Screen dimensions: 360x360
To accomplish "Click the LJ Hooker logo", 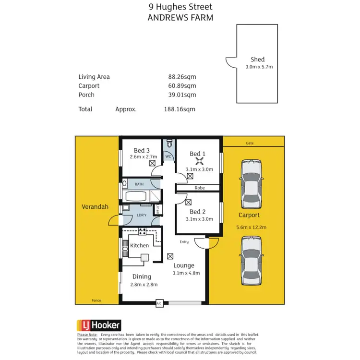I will [x=99, y=325].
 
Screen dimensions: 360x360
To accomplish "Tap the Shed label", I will [x=257, y=60].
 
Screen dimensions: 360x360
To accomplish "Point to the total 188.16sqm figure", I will [x=180, y=109].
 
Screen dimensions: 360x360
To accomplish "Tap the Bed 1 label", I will [x=197, y=154].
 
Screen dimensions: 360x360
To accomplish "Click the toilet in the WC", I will [x=168, y=144].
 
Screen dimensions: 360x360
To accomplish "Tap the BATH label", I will [x=139, y=184].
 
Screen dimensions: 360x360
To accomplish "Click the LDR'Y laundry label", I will [x=141, y=216].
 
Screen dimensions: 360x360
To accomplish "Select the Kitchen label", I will [x=140, y=246].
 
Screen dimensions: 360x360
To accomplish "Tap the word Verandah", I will [x=95, y=207].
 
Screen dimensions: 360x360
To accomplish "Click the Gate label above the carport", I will [x=250, y=143].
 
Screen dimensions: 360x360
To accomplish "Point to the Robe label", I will [x=199, y=188].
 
